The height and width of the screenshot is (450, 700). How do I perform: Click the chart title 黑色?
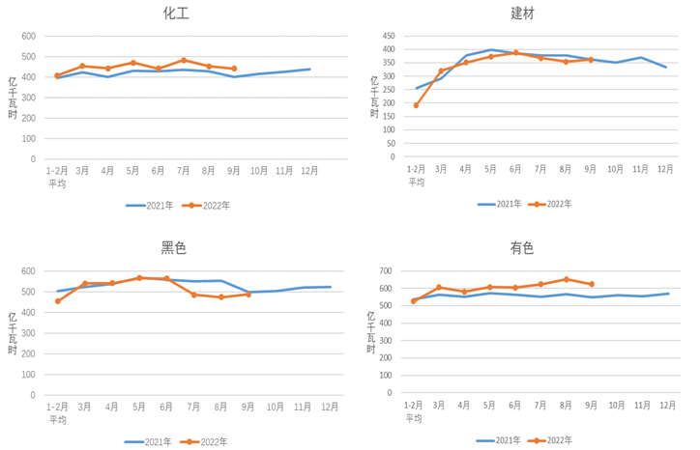tap(173, 248)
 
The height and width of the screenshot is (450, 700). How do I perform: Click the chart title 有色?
tap(522, 248)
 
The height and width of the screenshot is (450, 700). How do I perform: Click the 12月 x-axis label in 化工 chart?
tap(309, 171)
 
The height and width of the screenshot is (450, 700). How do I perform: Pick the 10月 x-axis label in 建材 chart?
tap(616, 168)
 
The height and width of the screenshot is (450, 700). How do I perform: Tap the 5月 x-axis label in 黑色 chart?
tap(139, 407)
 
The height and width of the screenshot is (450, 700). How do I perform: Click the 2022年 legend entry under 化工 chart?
tap(209, 205)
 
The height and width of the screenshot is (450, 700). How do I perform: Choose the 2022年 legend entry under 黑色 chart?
tap(208, 441)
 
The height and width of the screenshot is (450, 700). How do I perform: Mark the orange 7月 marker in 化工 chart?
tap(184, 60)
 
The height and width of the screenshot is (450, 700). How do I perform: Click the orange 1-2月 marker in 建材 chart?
tap(416, 105)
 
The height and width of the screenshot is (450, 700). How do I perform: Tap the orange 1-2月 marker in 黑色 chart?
tap(58, 301)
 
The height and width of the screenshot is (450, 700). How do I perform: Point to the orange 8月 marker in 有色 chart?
tap(566, 279)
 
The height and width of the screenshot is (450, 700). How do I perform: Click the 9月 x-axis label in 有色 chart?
tap(591, 406)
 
